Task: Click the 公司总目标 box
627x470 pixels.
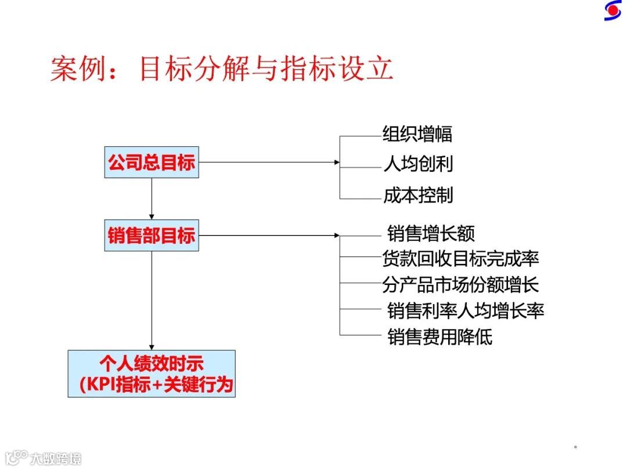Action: pos(152,162)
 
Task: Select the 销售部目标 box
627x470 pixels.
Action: pos(152,236)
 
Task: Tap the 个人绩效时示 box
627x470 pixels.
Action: pos(152,374)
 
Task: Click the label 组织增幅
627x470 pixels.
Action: pos(417,135)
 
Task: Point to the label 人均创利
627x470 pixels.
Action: pos(417,164)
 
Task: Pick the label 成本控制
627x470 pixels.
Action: pos(417,196)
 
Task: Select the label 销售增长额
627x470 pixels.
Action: pos(431,233)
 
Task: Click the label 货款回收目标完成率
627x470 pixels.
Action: pos(460,258)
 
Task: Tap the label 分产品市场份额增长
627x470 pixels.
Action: pos(460,284)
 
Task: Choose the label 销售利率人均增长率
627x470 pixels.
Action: pos(466,310)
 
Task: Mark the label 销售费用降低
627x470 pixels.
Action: pos(439,337)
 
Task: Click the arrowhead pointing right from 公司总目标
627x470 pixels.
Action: pos(337,162)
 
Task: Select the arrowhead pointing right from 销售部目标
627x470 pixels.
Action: pos(337,236)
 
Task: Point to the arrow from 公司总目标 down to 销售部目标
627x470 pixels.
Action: pos(152,199)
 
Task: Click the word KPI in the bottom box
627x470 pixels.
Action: pos(100,385)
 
